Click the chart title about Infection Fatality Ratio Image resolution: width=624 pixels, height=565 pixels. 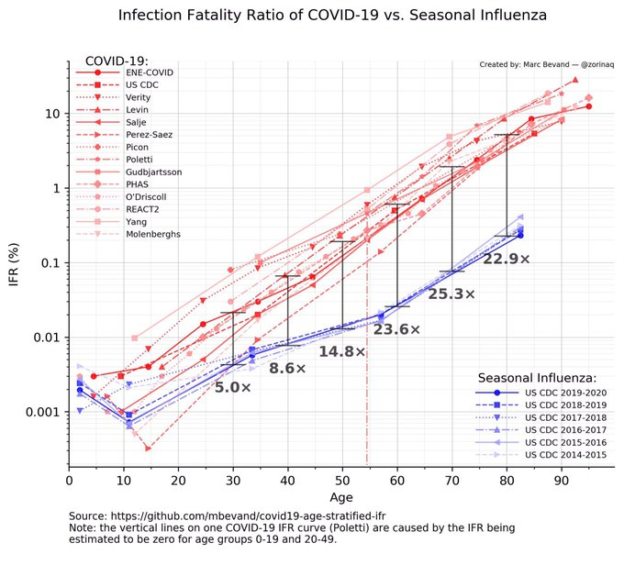(x=312, y=16)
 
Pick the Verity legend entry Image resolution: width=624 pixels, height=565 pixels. (x=139, y=97)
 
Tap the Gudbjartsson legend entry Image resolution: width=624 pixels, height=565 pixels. (x=153, y=172)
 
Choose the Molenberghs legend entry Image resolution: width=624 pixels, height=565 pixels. (x=153, y=234)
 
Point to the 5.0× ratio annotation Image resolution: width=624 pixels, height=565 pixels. (x=233, y=388)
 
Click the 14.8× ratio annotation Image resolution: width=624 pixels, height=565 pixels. (x=342, y=351)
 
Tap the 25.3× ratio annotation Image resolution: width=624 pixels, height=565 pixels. (x=451, y=294)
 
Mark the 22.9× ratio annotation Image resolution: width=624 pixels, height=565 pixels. (x=507, y=260)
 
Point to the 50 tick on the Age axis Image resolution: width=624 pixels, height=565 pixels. (x=342, y=478)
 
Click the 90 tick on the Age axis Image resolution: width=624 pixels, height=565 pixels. (x=561, y=478)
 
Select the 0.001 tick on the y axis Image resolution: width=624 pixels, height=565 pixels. (x=40, y=412)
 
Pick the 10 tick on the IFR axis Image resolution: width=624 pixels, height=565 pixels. (x=50, y=114)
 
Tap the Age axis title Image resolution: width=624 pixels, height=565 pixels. (x=342, y=497)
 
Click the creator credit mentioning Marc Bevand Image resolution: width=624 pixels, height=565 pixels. (x=546, y=65)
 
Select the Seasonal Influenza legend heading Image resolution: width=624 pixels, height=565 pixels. (x=538, y=377)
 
